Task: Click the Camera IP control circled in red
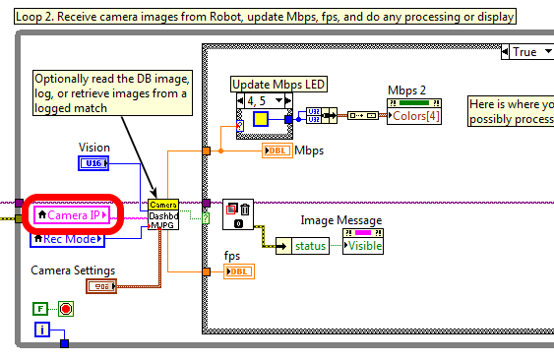click(x=72, y=214)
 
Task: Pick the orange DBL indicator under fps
click(x=239, y=270)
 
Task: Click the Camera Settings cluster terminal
click(x=101, y=286)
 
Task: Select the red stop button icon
click(x=66, y=308)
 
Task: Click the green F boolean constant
click(x=40, y=308)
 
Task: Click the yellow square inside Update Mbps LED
click(x=262, y=119)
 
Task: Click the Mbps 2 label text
click(x=406, y=90)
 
